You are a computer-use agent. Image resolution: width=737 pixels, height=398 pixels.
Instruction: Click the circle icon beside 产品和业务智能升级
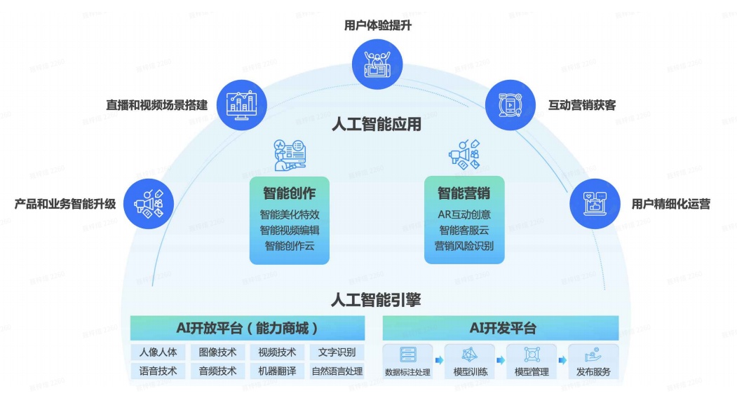(x=148, y=204)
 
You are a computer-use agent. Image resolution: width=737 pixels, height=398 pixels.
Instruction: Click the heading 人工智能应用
(x=377, y=125)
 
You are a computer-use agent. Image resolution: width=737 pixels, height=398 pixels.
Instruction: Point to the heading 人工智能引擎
(x=376, y=300)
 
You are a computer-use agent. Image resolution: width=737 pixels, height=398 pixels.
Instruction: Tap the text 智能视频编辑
(x=290, y=230)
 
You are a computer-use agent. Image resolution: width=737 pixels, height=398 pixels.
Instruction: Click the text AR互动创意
(x=464, y=214)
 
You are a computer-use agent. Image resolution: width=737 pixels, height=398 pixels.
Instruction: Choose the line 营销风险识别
(x=464, y=246)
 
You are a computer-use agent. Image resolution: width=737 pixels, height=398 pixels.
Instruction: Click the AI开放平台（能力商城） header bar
(x=248, y=328)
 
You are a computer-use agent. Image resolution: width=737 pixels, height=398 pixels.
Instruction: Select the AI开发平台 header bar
(x=501, y=328)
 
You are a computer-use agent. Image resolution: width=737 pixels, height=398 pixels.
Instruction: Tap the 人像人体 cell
(x=158, y=352)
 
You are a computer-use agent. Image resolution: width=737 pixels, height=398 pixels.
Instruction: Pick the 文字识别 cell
(x=337, y=352)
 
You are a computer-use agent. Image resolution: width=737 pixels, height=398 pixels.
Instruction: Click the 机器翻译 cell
(x=277, y=371)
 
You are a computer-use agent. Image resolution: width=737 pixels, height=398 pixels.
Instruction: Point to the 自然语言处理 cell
(x=337, y=371)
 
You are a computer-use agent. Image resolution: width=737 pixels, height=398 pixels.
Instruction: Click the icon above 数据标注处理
(x=407, y=355)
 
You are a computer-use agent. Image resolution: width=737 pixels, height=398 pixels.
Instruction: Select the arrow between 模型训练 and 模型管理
(x=500, y=361)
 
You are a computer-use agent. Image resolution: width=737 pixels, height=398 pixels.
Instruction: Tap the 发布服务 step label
(x=593, y=372)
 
